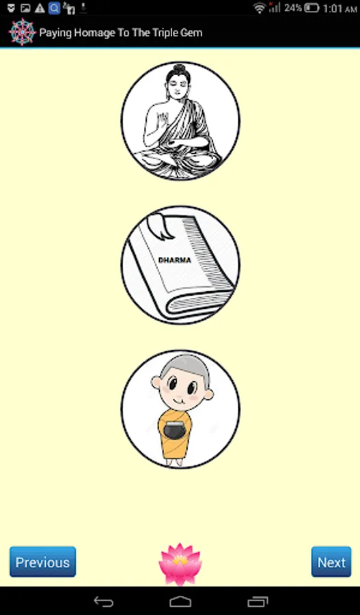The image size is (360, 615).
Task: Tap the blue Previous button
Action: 43,562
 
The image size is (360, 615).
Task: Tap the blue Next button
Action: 331,562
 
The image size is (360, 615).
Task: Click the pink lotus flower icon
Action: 180,564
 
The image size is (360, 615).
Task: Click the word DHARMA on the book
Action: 174,260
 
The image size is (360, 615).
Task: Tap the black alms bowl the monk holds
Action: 175,430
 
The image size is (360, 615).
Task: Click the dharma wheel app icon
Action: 22,31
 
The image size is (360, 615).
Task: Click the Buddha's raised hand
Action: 162,119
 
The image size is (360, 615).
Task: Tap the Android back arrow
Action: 104,601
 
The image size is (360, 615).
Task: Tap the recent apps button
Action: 258,601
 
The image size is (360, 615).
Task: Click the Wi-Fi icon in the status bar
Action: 259,8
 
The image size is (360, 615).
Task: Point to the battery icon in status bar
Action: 311,8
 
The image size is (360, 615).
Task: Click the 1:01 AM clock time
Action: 340,8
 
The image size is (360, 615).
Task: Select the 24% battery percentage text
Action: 293,8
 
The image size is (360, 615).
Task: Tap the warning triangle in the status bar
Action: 40,8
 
